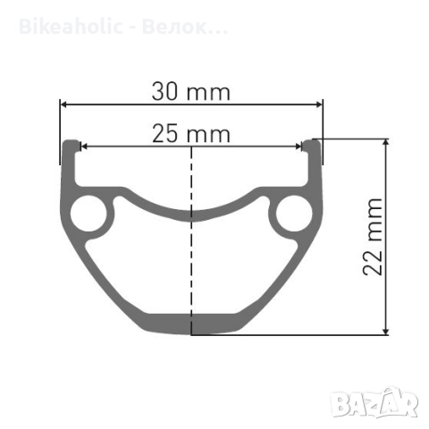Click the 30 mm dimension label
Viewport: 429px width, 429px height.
tap(191, 90)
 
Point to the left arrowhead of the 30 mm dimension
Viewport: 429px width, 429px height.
tap(63, 104)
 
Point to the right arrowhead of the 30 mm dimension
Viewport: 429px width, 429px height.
tap(319, 104)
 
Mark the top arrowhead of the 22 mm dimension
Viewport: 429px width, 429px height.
tap(386, 143)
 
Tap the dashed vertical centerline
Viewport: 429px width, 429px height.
tap(191, 268)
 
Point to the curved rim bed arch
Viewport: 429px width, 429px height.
tap(191, 213)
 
